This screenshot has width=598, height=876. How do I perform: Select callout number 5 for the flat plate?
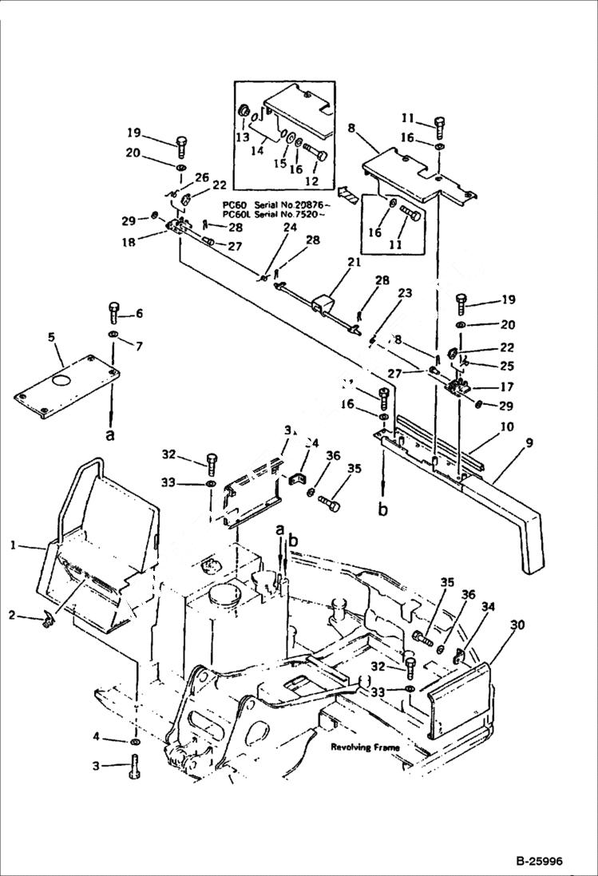(52, 338)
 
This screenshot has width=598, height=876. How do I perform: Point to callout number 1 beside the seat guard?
(13, 545)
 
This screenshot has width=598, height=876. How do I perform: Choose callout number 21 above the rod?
(354, 262)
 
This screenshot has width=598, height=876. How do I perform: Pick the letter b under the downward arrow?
(383, 507)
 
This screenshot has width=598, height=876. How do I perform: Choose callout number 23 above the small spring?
(405, 294)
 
